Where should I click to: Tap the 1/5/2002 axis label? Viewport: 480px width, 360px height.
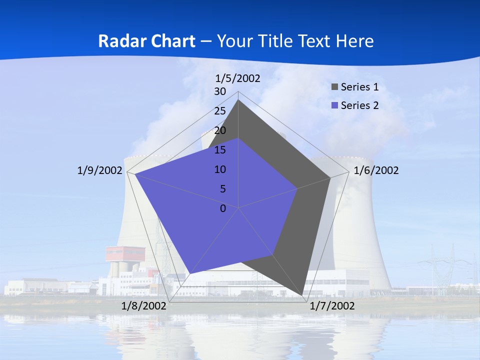[x=238, y=78]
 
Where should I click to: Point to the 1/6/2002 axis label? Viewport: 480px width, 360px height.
[x=376, y=170]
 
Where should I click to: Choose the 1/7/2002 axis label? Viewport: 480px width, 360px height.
[x=332, y=306]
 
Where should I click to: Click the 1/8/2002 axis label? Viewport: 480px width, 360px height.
[x=144, y=306]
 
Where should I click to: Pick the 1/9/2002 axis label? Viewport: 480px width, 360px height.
[x=99, y=170]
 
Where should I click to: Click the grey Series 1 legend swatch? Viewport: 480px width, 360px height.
[x=334, y=87]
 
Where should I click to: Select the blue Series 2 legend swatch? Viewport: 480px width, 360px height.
[x=334, y=105]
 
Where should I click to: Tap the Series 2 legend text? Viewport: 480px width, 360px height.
[x=359, y=105]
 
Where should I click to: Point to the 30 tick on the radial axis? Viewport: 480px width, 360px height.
[x=220, y=91]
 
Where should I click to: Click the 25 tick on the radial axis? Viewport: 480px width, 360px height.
[x=220, y=111]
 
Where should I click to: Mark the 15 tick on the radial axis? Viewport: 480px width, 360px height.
[x=220, y=150]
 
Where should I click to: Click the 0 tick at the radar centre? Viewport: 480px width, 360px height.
[x=223, y=208]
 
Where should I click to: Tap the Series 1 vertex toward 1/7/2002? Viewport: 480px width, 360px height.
[x=302, y=295]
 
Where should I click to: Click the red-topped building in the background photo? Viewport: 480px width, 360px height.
[x=125, y=253]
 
